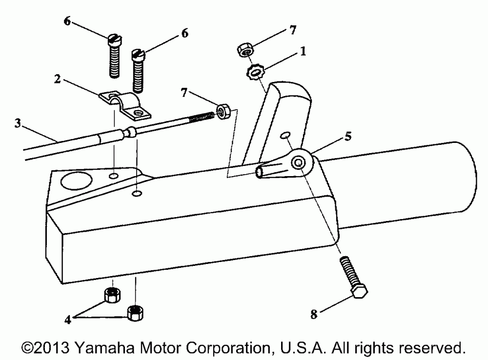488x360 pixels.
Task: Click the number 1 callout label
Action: [x=303, y=51]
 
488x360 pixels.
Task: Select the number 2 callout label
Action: [x=57, y=79]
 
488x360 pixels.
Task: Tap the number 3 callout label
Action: [x=18, y=123]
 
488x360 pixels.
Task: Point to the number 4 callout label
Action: [x=68, y=320]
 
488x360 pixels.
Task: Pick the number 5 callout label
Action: [x=348, y=136]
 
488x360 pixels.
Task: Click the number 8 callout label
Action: [x=314, y=314]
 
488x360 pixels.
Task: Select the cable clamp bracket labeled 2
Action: [x=125, y=105]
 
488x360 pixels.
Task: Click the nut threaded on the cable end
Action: [x=223, y=111]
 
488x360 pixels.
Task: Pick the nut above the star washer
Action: [x=245, y=50]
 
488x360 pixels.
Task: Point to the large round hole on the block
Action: [x=76, y=180]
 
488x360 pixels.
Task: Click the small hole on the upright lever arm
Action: [x=285, y=135]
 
